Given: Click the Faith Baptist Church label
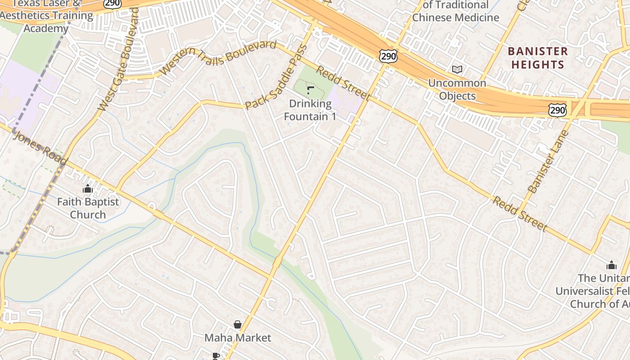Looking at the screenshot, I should [x=88, y=208].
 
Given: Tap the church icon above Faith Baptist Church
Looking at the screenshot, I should [x=88, y=189].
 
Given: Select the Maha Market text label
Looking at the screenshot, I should [x=238, y=337].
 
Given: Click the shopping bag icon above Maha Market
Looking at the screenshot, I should [x=238, y=324].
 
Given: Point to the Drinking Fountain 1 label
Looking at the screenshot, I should [x=310, y=110].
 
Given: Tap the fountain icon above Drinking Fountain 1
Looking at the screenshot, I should [x=310, y=90].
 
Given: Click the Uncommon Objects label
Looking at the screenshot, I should [x=457, y=89].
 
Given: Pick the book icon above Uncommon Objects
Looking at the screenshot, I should [x=457, y=69].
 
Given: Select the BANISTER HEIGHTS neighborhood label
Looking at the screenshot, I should [x=538, y=58].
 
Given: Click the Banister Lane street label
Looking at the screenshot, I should [x=549, y=162].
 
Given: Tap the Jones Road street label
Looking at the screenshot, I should [x=40, y=148].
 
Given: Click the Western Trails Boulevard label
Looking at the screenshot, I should [x=218, y=58].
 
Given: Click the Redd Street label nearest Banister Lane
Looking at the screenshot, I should [x=520, y=213].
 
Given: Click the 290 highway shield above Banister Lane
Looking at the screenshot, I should [x=557, y=109].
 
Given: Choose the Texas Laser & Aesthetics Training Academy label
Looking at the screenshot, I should [x=46, y=16].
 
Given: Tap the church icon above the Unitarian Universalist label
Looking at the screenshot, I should [x=611, y=265].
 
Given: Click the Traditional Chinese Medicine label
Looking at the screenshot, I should [x=455, y=12].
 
